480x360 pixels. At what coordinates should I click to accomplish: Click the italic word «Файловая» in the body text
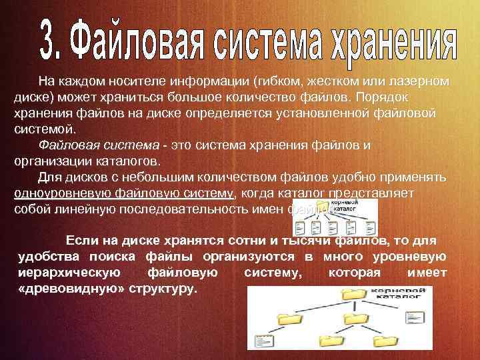click(x=65, y=145)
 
